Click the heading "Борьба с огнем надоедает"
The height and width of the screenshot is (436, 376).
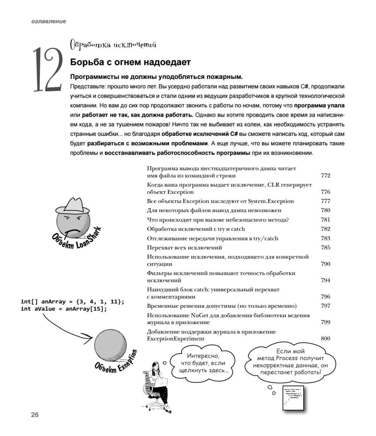click(130, 62)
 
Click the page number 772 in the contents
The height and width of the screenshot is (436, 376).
click(326, 176)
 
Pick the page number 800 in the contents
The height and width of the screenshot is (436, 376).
click(326, 339)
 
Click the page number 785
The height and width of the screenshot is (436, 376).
click(326, 247)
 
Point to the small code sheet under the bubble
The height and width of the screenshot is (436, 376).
click(293, 397)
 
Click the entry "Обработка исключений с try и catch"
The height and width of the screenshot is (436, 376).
click(196, 229)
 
